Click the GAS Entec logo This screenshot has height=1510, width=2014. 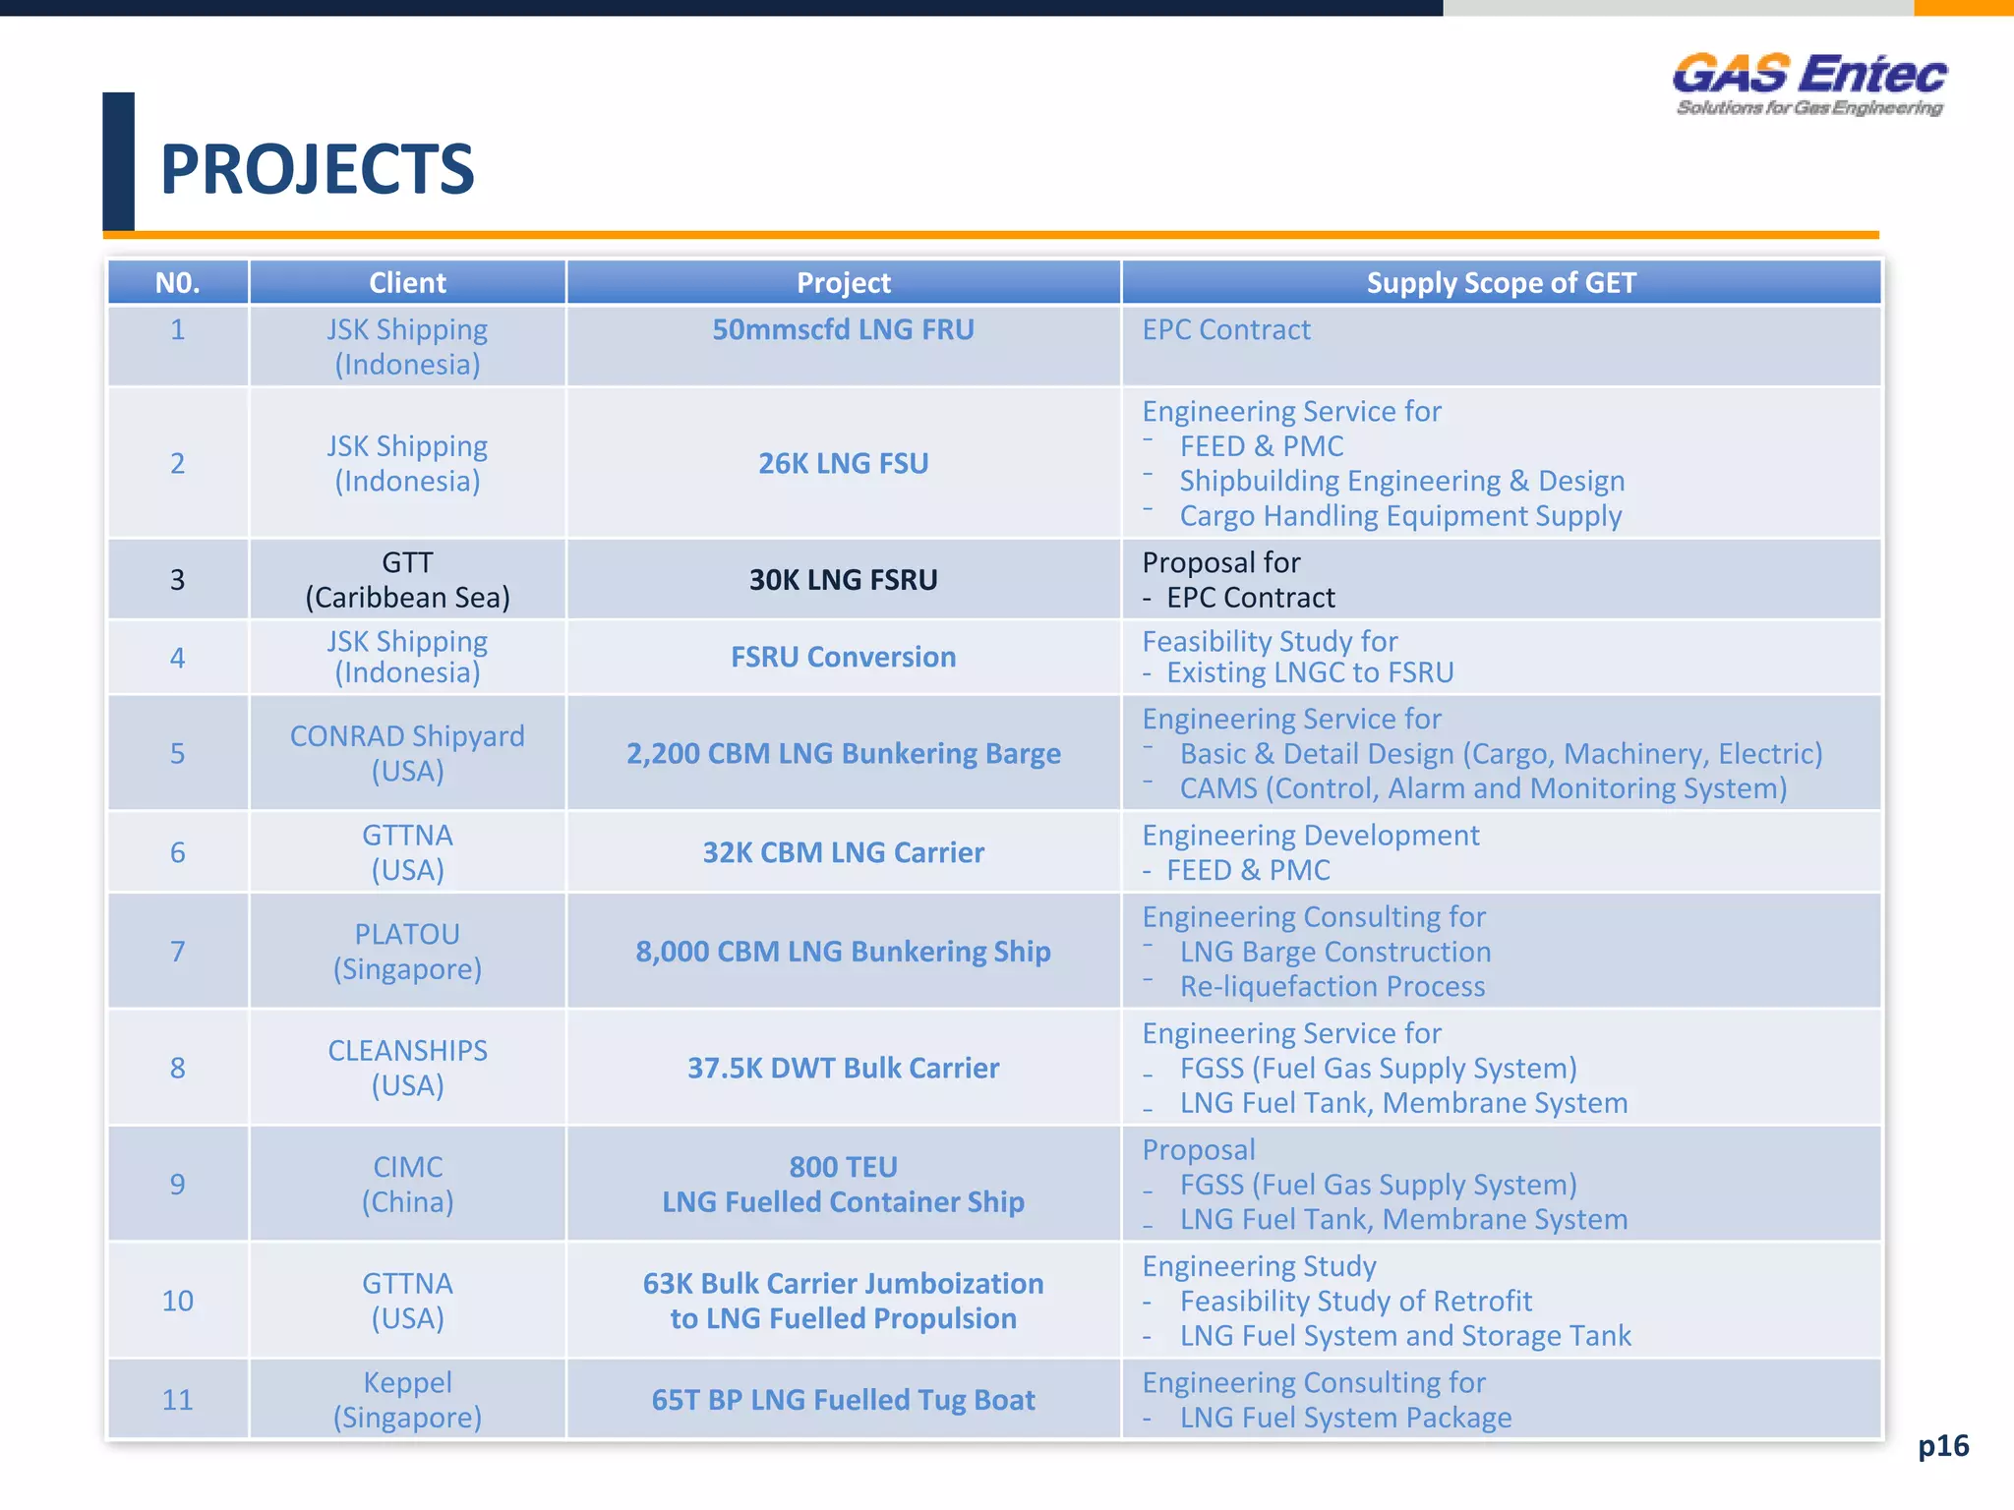(1809, 85)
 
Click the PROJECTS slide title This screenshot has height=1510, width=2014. (317, 169)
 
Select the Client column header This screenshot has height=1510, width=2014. (407, 283)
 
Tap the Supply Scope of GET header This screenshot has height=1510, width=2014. (1501, 283)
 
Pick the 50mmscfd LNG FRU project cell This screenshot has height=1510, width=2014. (843, 330)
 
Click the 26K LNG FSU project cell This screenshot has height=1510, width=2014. (843, 463)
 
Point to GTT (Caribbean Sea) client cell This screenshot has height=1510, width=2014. (407, 580)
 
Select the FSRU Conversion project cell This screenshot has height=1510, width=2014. (843, 657)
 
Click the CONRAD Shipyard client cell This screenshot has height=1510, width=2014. (407, 753)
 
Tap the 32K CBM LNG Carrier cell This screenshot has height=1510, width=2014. (843, 852)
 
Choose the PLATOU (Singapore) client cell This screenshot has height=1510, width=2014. (407, 952)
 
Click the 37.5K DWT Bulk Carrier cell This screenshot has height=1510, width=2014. (843, 1068)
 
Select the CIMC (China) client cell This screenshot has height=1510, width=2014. (407, 1184)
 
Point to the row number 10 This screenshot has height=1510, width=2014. (178, 1301)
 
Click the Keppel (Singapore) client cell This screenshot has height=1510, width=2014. (407, 1400)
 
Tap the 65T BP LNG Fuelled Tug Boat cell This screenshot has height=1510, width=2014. (843, 1400)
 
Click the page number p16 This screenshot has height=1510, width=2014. (1943, 1445)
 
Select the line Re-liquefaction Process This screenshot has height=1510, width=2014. (1332, 986)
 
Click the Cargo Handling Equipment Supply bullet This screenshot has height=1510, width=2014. (1400, 516)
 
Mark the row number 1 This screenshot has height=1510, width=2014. (178, 330)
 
